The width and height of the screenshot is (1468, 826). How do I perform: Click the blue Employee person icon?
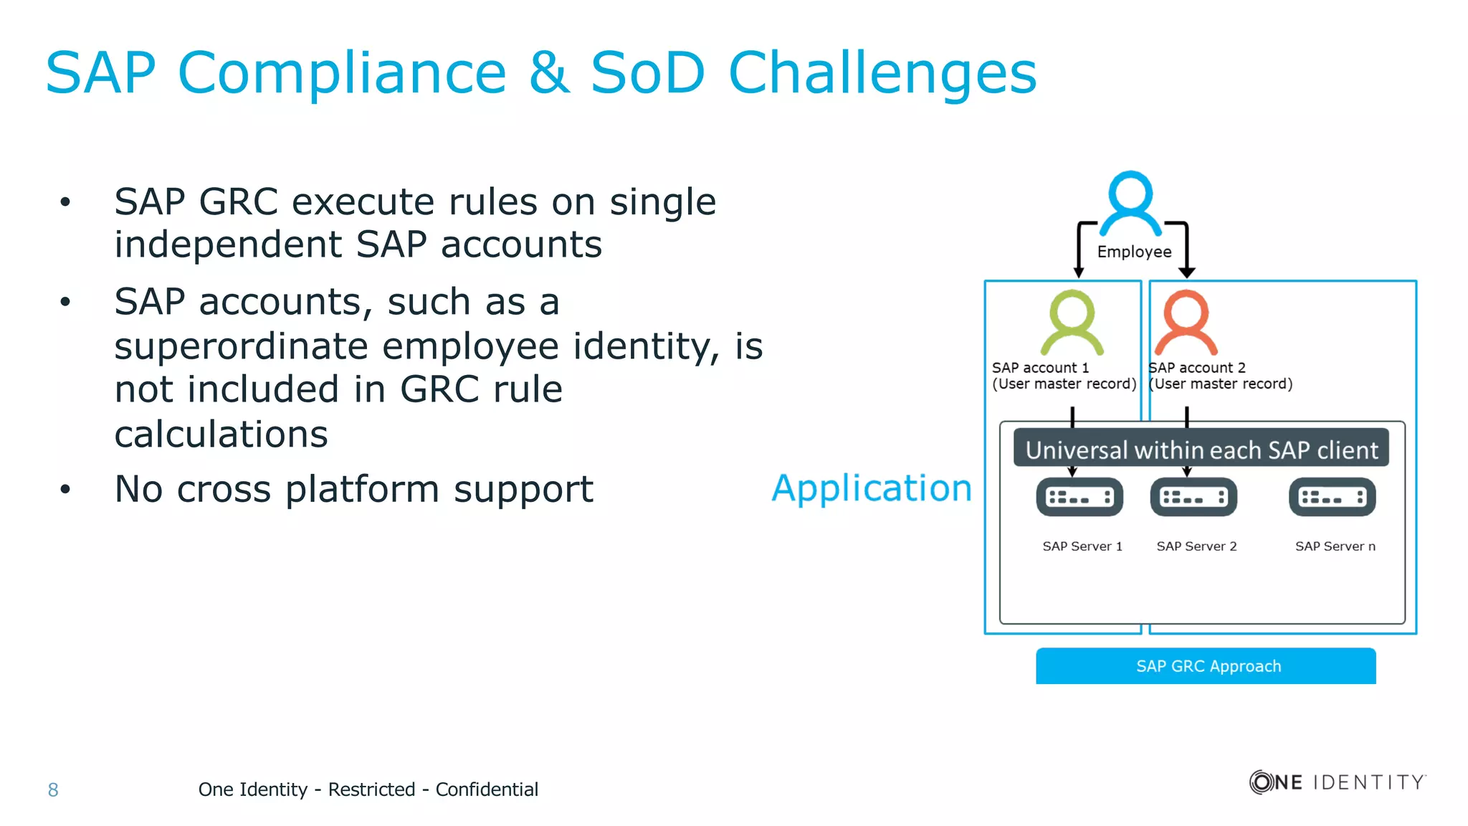tap(1130, 204)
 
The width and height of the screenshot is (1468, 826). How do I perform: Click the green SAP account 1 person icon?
tap(1072, 323)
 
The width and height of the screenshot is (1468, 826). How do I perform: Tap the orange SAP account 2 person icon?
tap(1186, 323)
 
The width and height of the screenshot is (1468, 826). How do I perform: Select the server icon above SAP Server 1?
tap(1079, 497)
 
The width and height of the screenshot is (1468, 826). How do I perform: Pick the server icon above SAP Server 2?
tap(1193, 497)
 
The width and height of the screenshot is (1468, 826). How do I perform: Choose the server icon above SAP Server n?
tap(1332, 497)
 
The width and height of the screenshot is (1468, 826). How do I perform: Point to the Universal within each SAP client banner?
tap(1201, 450)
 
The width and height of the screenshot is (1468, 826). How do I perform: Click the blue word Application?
tap(872, 488)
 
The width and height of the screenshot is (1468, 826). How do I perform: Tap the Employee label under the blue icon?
tap(1134, 252)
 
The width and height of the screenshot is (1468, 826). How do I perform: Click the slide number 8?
tap(53, 789)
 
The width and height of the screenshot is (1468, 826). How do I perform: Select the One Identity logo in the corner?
tap(1337, 782)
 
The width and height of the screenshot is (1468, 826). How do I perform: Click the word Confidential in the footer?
tap(487, 789)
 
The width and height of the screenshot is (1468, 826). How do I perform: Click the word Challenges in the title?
tap(882, 73)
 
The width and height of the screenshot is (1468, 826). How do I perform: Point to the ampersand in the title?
tap(548, 73)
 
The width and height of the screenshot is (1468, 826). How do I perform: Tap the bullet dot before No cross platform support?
tap(65, 490)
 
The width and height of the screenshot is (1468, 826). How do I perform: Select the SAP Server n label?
tap(1335, 546)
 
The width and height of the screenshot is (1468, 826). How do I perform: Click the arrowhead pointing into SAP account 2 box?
tap(1187, 272)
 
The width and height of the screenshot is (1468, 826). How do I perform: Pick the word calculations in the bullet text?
tap(221, 435)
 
